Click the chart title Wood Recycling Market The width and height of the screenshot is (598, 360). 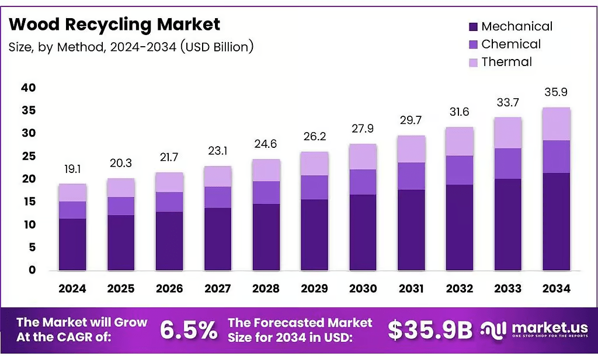[114, 25]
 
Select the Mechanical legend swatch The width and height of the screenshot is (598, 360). [473, 27]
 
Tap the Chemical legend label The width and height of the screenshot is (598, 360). [510, 44]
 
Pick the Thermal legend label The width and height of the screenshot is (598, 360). [506, 62]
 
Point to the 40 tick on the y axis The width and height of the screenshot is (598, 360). [28, 88]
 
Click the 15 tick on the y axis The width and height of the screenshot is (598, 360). [29, 202]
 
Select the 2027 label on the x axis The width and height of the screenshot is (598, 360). [217, 288]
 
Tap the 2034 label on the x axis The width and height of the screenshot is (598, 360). [556, 288]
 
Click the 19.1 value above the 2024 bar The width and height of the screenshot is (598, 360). [72, 169]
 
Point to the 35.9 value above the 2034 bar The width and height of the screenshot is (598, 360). [556, 92]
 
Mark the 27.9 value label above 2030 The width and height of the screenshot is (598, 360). [363, 129]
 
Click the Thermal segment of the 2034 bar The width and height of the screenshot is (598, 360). [556, 124]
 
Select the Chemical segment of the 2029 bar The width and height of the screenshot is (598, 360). [314, 188]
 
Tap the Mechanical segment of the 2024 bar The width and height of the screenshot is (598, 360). [72, 245]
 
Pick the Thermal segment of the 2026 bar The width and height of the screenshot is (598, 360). [169, 182]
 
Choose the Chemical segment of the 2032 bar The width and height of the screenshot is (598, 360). [460, 170]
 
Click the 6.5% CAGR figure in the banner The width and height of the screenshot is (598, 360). [189, 330]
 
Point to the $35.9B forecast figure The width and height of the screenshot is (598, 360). [430, 330]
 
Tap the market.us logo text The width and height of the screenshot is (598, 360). [550, 327]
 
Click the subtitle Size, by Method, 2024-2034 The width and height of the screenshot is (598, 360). [131, 47]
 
